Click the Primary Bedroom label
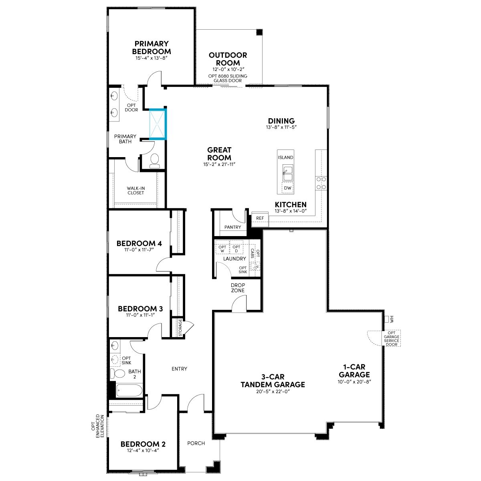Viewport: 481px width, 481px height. click(x=152, y=47)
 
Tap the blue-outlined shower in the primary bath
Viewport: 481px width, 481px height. click(x=158, y=123)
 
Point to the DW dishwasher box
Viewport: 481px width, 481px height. click(x=287, y=188)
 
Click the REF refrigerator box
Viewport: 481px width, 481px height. click(x=260, y=219)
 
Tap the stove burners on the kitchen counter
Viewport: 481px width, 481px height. click(x=321, y=183)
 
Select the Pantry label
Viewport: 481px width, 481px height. click(x=232, y=227)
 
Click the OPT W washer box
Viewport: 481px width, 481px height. click(x=222, y=249)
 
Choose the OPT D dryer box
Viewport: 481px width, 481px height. click(x=236, y=249)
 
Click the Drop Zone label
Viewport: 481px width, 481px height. click(x=238, y=287)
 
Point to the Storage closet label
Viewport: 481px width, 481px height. click(x=180, y=327)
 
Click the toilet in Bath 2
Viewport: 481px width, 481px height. click(x=118, y=374)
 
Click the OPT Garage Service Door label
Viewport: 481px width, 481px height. click(x=391, y=338)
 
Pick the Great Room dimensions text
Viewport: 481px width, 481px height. click(x=219, y=164)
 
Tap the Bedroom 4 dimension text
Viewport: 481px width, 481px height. click(x=139, y=250)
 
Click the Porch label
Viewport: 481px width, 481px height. click(x=196, y=443)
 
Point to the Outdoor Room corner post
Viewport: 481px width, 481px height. click(x=260, y=32)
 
